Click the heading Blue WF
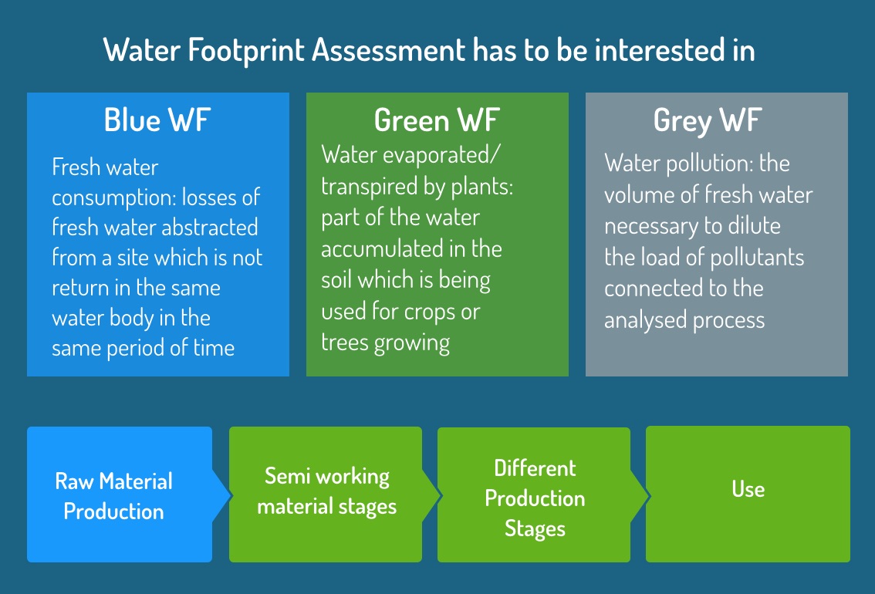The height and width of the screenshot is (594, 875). (157, 120)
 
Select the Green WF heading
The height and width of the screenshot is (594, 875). (437, 120)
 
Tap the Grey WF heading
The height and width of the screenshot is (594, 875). (708, 121)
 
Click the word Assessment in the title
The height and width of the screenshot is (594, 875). (388, 49)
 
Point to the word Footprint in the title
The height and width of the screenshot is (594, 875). (246, 50)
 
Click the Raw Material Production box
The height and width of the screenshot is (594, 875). (120, 494)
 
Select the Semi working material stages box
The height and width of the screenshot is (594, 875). (326, 494)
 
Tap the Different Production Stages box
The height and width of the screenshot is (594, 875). (534, 494)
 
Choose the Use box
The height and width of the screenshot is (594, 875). (748, 494)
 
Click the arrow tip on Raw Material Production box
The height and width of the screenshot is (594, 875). (231, 494)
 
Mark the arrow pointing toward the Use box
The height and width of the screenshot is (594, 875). (640, 494)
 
